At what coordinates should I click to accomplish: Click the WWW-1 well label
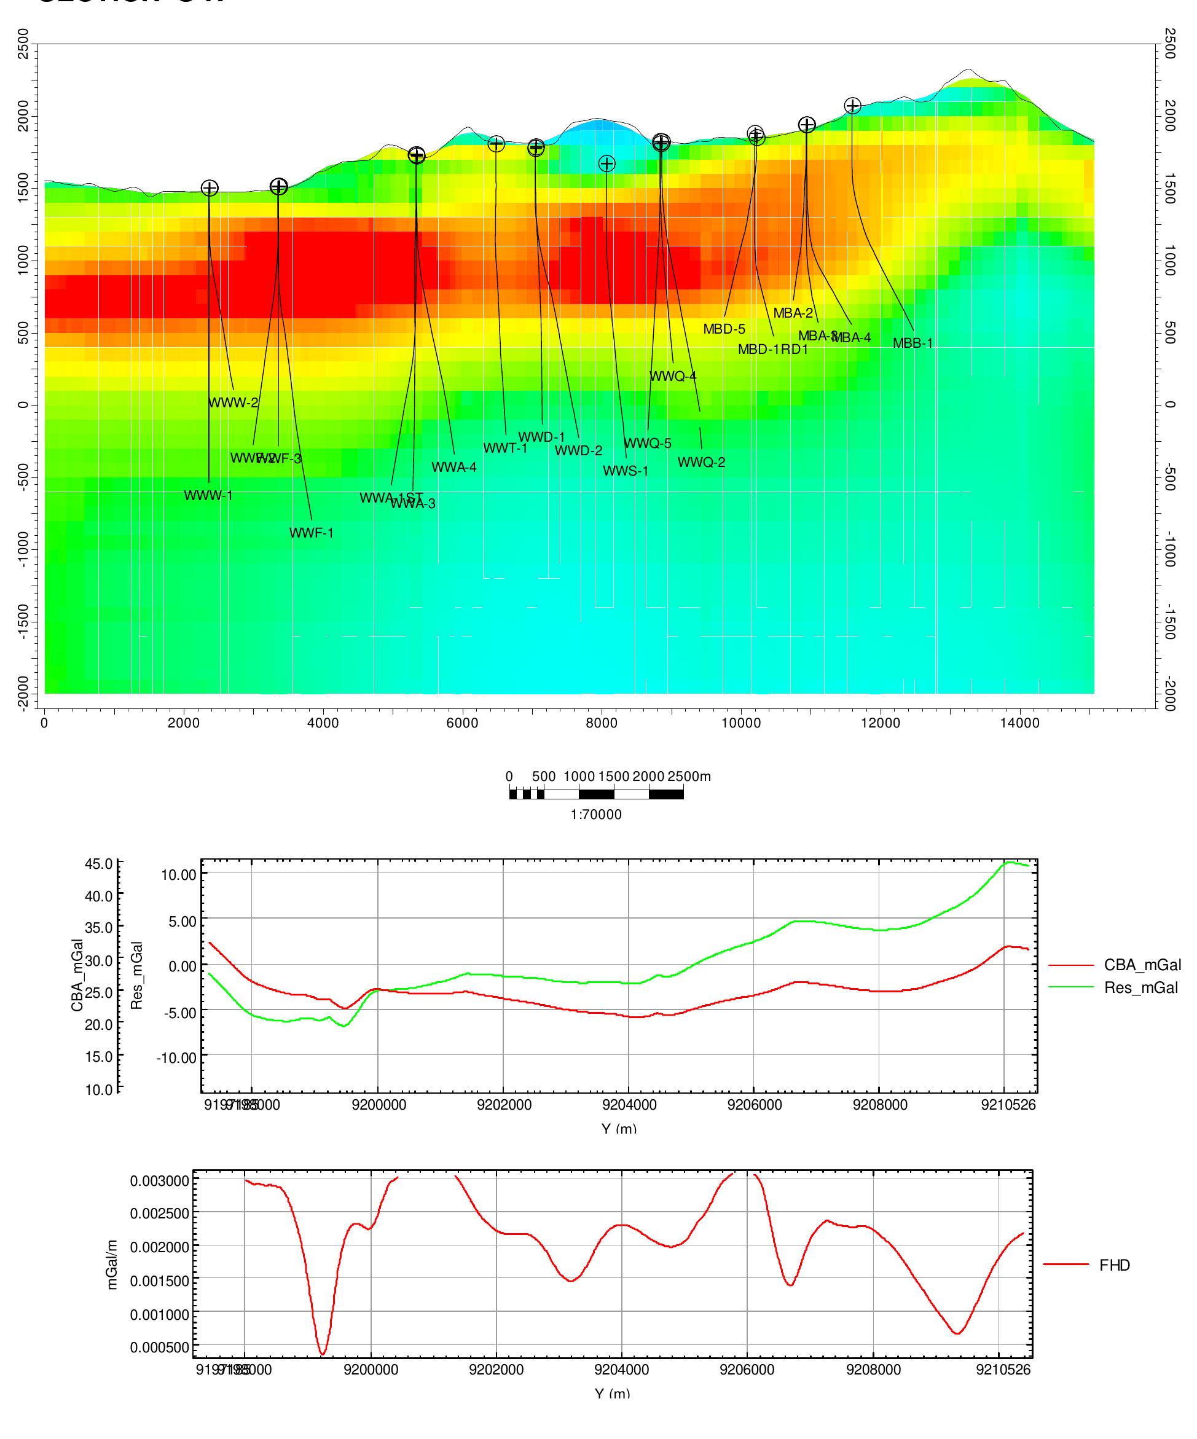pos(208,495)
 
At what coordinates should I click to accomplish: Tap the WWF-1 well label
pos(311,533)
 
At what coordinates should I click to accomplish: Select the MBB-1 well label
pos(912,343)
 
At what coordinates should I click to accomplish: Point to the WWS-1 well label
pos(626,471)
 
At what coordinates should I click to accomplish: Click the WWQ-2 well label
pos(702,463)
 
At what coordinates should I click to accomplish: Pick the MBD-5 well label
pos(724,329)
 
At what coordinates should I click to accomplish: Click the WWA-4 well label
pos(453,468)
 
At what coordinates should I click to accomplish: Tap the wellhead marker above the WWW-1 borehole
pos(210,188)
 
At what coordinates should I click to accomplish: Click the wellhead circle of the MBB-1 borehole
pos(852,106)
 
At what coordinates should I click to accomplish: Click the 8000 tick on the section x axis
pos(602,722)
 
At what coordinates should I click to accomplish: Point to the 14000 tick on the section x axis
pos(1019,722)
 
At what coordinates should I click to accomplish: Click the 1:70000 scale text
pos(596,815)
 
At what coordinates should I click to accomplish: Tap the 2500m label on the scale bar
pos(689,777)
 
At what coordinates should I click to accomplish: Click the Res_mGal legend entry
pos(1141,987)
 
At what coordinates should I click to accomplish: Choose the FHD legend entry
pos(1115,1265)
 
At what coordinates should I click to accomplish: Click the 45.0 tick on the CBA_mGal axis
pos(99,863)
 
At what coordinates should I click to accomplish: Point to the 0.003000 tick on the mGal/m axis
pos(159,1181)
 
